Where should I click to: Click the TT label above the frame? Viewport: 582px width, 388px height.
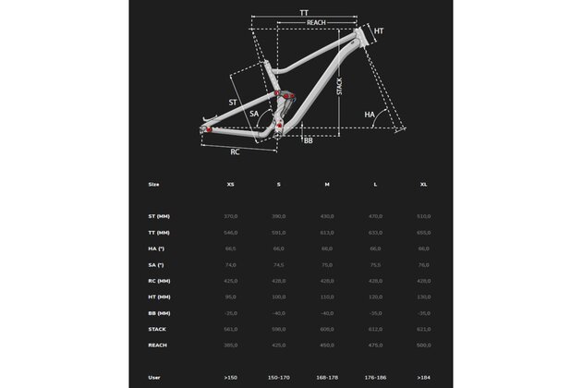(304, 12)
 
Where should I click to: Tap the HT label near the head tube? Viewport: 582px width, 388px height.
(378, 31)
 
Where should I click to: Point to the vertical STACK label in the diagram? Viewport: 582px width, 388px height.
(340, 88)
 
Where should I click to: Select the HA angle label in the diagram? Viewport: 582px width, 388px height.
(370, 115)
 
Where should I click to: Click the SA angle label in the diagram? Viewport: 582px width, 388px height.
(254, 114)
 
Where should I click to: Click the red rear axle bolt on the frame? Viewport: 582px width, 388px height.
(208, 129)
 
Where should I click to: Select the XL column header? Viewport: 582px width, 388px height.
(424, 184)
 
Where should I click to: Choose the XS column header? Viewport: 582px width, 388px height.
(230, 184)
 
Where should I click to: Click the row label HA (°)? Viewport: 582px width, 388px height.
(155, 249)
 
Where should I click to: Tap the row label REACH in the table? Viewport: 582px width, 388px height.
(157, 344)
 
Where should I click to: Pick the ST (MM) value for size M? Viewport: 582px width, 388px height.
(326, 216)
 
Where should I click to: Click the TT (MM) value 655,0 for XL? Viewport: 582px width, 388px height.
(424, 232)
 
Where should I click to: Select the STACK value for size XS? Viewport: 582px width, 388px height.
(230, 328)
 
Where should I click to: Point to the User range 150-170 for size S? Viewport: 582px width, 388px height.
(278, 377)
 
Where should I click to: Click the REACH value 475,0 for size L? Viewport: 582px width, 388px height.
(375, 344)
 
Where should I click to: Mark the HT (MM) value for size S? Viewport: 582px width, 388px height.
(278, 296)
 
